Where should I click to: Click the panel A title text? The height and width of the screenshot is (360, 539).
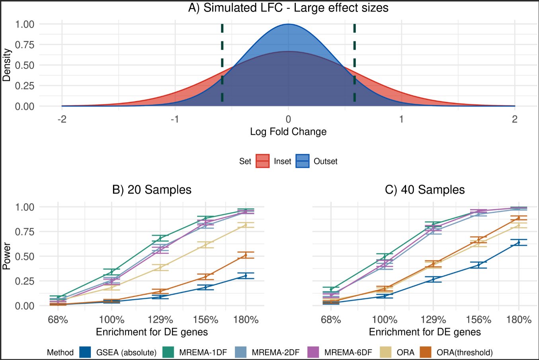pos(288,8)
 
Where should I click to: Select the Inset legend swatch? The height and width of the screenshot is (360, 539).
pos(262,161)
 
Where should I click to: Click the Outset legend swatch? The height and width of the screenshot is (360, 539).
pos(303,161)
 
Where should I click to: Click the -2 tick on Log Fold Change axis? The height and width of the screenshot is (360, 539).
pos(62,119)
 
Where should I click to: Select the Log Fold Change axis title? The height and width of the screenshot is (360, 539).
pos(288,132)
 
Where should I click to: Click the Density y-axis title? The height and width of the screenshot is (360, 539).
pos(6,65)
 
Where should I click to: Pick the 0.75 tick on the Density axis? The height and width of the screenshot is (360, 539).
pos(25,45)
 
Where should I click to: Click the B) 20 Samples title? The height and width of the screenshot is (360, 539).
pos(152,190)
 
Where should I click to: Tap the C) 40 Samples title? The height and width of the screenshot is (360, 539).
pos(425,190)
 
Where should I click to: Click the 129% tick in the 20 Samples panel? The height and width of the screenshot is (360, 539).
pos(160,319)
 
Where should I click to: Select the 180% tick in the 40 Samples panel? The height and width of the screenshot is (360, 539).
pos(519,319)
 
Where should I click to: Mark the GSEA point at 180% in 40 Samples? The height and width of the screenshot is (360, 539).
pos(519,242)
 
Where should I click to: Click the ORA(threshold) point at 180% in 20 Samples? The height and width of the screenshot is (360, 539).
pos(246,255)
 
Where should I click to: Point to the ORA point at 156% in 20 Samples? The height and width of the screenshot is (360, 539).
pos(205,245)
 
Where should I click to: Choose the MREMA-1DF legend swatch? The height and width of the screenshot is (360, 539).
pos(169,352)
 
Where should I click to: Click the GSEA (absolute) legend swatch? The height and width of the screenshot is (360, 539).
pos(86,352)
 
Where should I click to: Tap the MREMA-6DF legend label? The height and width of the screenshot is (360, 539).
pos(348,352)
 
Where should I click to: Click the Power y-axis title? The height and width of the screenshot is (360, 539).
pos(6,256)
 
